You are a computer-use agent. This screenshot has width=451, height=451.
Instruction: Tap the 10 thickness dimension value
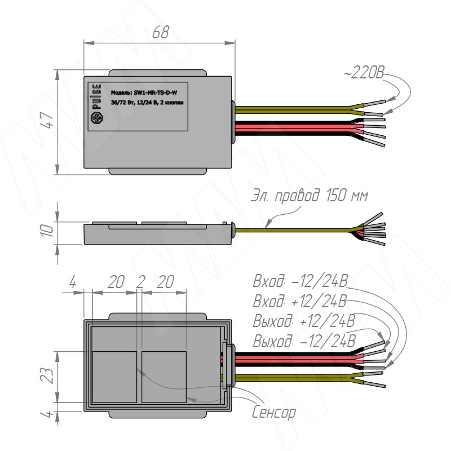[x=49, y=230]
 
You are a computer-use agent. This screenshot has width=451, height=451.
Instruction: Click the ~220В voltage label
[x=365, y=74]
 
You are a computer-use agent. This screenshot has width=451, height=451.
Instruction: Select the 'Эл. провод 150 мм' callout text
[x=309, y=196]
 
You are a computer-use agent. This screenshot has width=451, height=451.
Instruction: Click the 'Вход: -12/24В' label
[x=301, y=281]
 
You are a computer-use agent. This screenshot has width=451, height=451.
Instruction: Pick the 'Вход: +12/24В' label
[x=301, y=301]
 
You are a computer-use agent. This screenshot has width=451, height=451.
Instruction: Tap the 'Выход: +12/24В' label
[x=305, y=321]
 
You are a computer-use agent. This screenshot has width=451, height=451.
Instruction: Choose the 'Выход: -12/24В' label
[x=305, y=341]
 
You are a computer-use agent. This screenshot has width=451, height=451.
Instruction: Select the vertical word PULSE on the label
[x=97, y=96]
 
